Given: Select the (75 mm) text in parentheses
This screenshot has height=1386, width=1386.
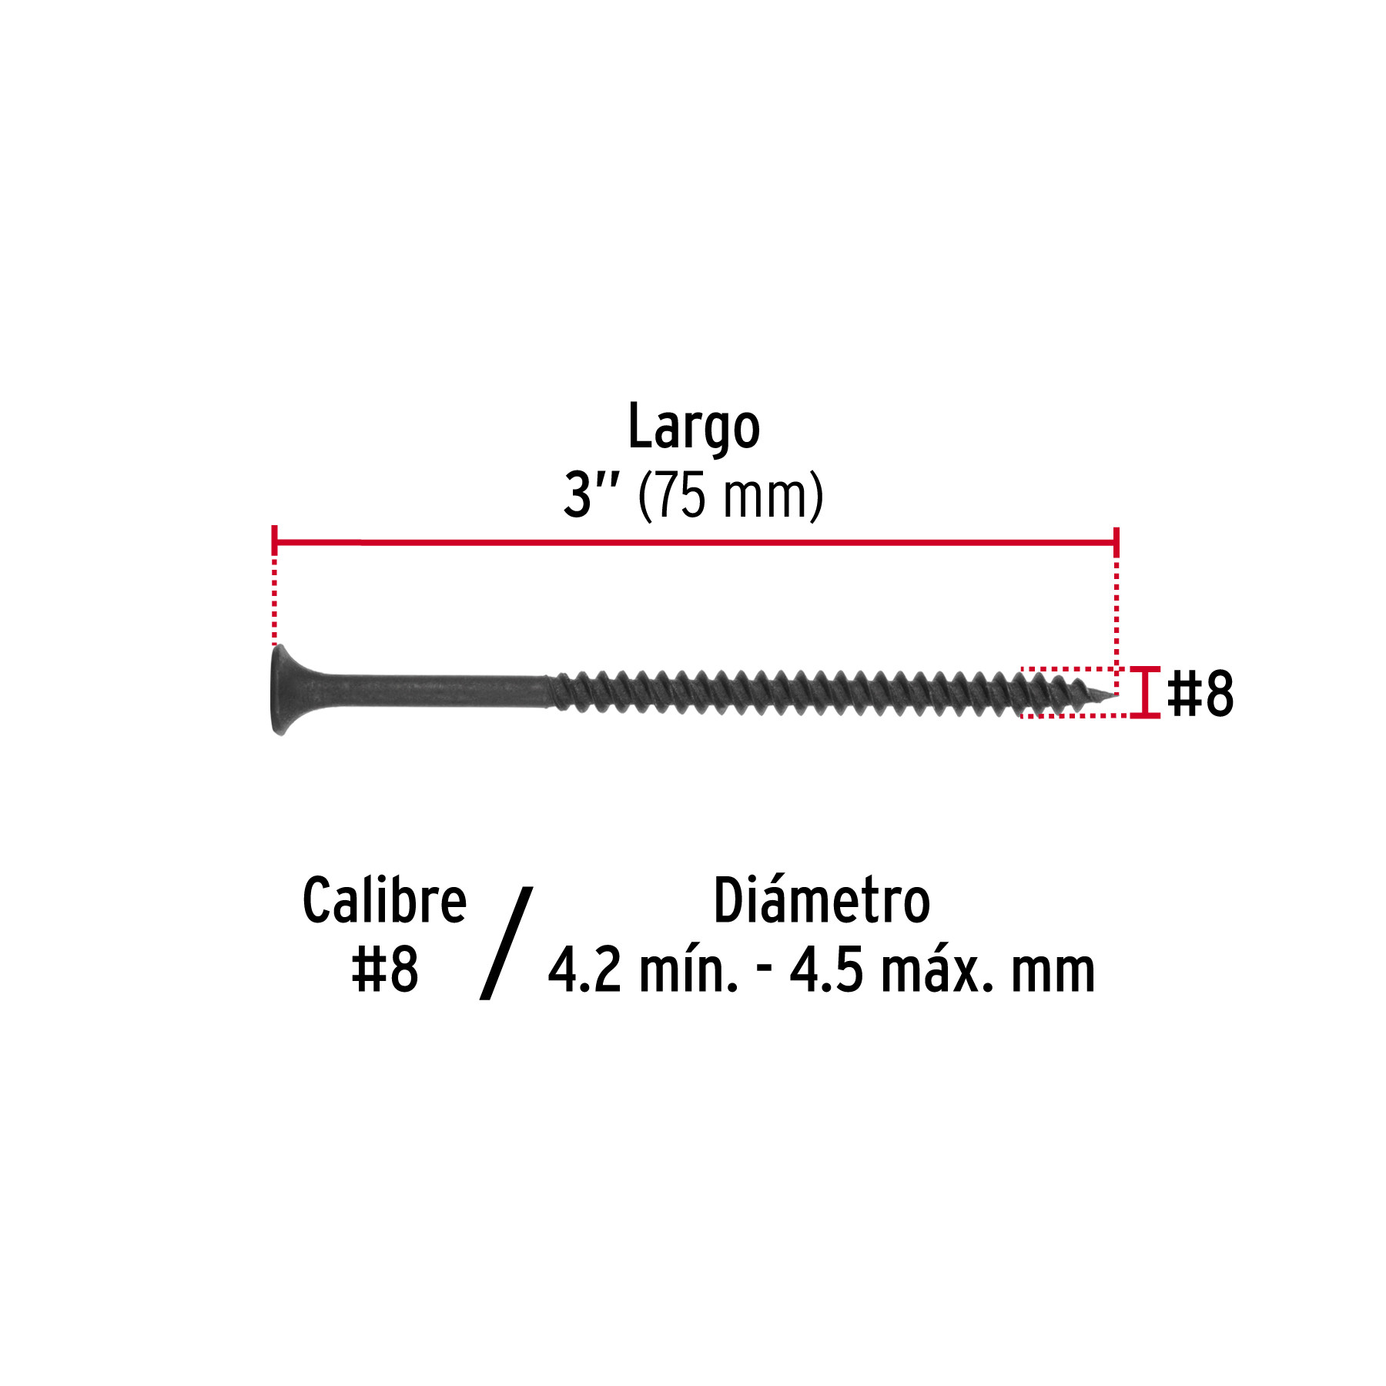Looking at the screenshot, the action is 731,497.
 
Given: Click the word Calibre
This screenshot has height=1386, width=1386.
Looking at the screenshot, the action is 384,900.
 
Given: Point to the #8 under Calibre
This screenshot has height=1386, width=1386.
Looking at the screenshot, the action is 385,969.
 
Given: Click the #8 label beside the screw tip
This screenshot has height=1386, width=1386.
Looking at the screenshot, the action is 1200,693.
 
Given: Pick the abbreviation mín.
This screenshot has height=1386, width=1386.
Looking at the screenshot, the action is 688,970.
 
